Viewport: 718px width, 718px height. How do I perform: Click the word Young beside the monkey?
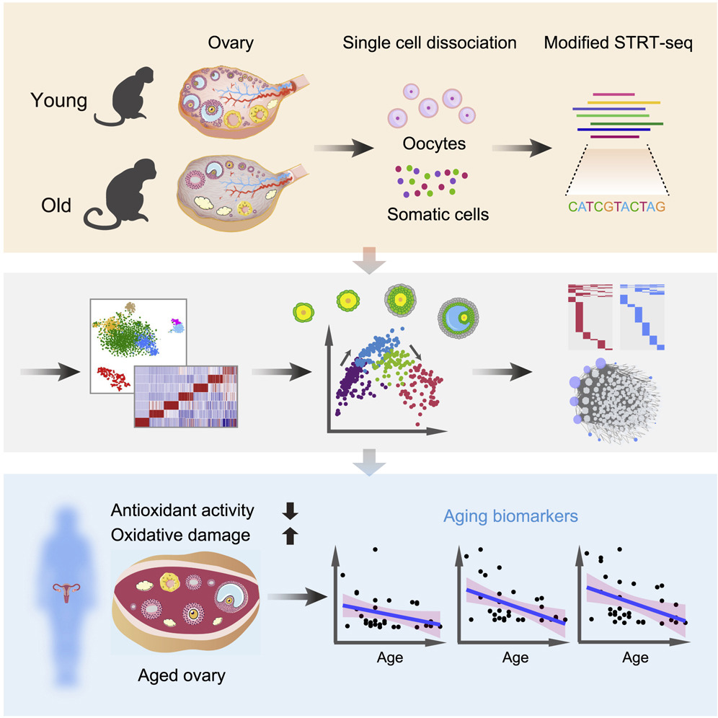pyautogui.click(x=58, y=100)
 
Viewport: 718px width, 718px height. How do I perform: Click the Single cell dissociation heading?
pyautogui.click(x=430, y=43)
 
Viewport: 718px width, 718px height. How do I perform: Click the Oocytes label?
pyautogui.click(x=434, y=143)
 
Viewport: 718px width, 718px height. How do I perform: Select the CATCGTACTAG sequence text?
pyautogui.click(x=616, y=208)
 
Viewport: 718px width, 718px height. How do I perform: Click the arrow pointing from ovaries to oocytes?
pyautogui.click(x=344, y=149)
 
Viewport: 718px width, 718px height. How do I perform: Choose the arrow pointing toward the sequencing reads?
pyautogui.click(x=520, y=149)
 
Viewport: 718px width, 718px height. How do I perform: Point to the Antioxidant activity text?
pyautogui.click(x=182, y=511)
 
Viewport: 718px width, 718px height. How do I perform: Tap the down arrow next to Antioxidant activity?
pyautogui.click(x=291, y=511)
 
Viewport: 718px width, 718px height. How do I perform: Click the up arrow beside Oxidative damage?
pyautogui.click(x=291, y=536)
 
